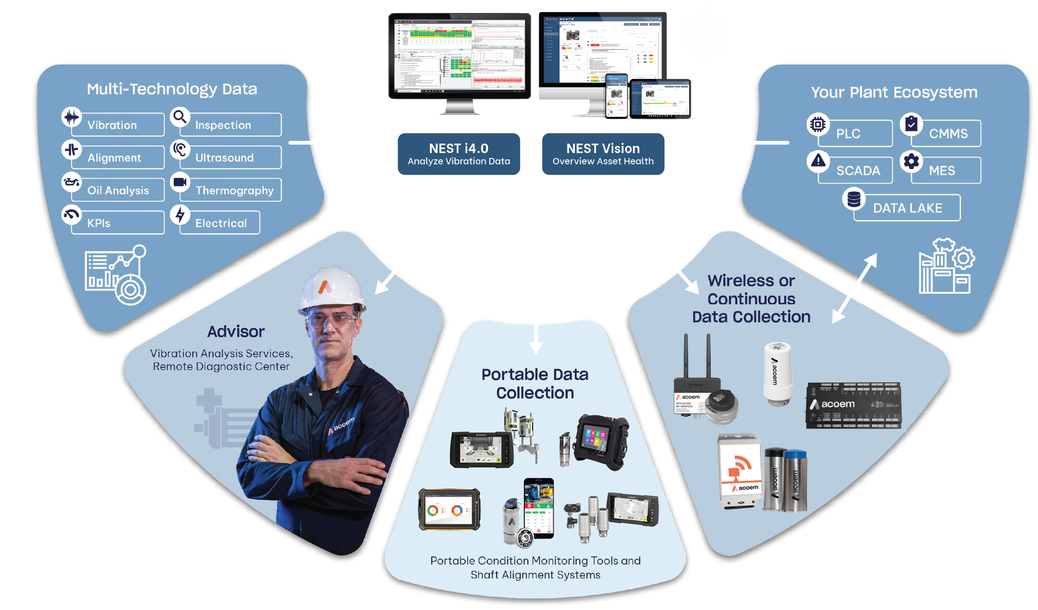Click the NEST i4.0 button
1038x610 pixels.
click(459, 154)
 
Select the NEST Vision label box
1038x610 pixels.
click(603, 154)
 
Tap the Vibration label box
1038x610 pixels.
click(117, 125)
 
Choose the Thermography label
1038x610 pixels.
click(234, 190)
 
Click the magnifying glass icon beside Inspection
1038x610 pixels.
click(180, 117)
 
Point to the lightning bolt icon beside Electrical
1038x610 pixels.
click(180, 215)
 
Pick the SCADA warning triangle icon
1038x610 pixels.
click(818, 160)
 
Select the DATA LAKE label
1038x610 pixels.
click(907, 208)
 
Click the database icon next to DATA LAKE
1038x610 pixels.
click(853, 199)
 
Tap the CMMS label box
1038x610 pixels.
click(948, 134)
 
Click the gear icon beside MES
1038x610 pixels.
click(911, 161)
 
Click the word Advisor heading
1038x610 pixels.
click(236, 332)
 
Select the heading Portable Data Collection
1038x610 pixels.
click(535, 384)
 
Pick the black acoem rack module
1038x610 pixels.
click(853, 405)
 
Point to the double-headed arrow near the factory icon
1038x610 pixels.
click(854, 288)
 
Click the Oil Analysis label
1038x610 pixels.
click(118, 190)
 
